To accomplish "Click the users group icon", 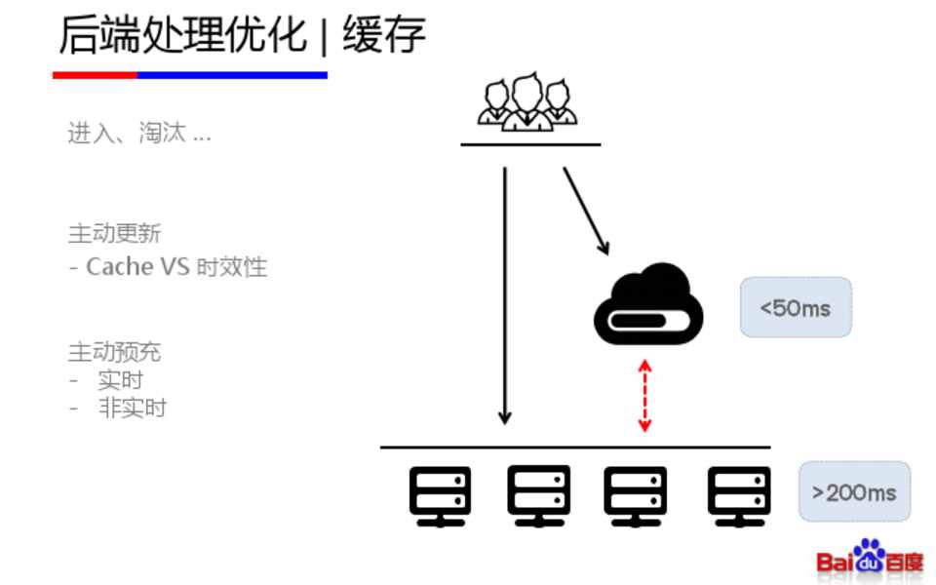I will pos(527,101).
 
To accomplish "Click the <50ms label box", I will pos(796,307).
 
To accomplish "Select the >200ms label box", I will pos(854,491).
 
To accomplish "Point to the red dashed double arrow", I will pos(643,395).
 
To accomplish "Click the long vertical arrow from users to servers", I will pos(504,292).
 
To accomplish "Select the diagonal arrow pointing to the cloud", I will pos(586,211).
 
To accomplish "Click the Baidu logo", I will pos(870,559).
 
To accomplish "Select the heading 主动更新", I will pos(114,233).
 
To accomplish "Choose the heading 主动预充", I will pos(114,351).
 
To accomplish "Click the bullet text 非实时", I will pos(132,408).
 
